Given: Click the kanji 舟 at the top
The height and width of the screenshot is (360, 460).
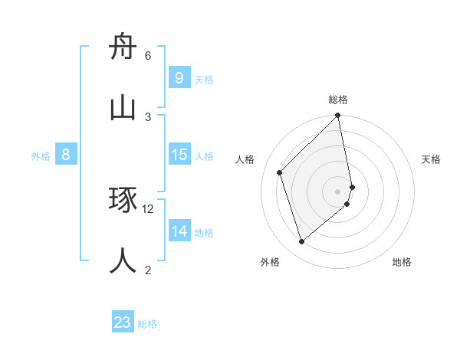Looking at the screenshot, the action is (x=123, y=47).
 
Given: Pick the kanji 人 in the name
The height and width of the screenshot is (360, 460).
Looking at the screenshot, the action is (x=123, y=260).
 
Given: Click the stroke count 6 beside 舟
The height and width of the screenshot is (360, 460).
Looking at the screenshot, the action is (x=148, y=56).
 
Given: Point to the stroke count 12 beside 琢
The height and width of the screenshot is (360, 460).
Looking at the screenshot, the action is (x=148, y=208).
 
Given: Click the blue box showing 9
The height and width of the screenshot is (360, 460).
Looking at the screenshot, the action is (x=179, y=77).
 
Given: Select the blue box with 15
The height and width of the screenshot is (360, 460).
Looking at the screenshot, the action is (x=179, y=155).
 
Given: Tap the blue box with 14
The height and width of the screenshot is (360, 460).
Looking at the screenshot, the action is (x=179, y=231).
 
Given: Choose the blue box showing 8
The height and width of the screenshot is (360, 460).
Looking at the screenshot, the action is (x=66, y=155).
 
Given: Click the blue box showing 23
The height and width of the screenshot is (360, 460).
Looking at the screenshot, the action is (x=123, y=322).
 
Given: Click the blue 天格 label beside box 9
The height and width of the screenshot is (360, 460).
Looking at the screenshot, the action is (x=204, y=80).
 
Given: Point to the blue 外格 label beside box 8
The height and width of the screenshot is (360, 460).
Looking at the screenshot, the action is (x=41, y=156).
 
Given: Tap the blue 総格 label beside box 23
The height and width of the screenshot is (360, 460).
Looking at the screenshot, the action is (x=147, y=324).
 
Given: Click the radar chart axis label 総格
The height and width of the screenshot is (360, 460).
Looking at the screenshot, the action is (x=338, y=100).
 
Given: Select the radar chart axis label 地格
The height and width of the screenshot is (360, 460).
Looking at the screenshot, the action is (x=402, y=262).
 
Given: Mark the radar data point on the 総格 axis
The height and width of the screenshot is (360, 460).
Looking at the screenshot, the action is (x=338, y=116).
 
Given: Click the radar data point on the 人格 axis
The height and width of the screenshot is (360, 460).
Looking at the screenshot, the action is (x=280, y=172).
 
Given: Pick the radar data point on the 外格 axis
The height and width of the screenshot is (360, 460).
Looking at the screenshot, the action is (x=302, y=241).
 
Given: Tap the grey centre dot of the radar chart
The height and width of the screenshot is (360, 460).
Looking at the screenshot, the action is (x=338, y=191).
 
